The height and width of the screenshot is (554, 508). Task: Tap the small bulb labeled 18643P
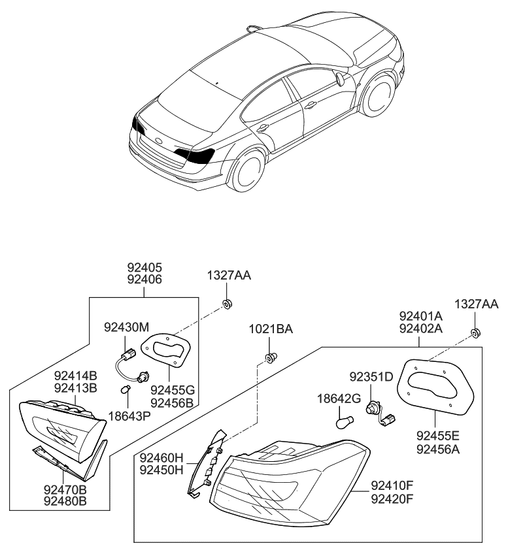pos(127,389)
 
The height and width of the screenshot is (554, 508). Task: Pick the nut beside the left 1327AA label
pos(227,303)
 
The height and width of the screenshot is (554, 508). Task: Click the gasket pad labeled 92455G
pos(169,351)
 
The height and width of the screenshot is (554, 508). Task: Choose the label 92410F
pos(393,485)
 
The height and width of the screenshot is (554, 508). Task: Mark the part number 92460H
pos(161,459)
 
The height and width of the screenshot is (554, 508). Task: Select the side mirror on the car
pos(341,80)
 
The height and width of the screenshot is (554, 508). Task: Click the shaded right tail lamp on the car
pos(198,155)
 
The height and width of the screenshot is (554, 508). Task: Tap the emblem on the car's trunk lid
pos(159,140)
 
